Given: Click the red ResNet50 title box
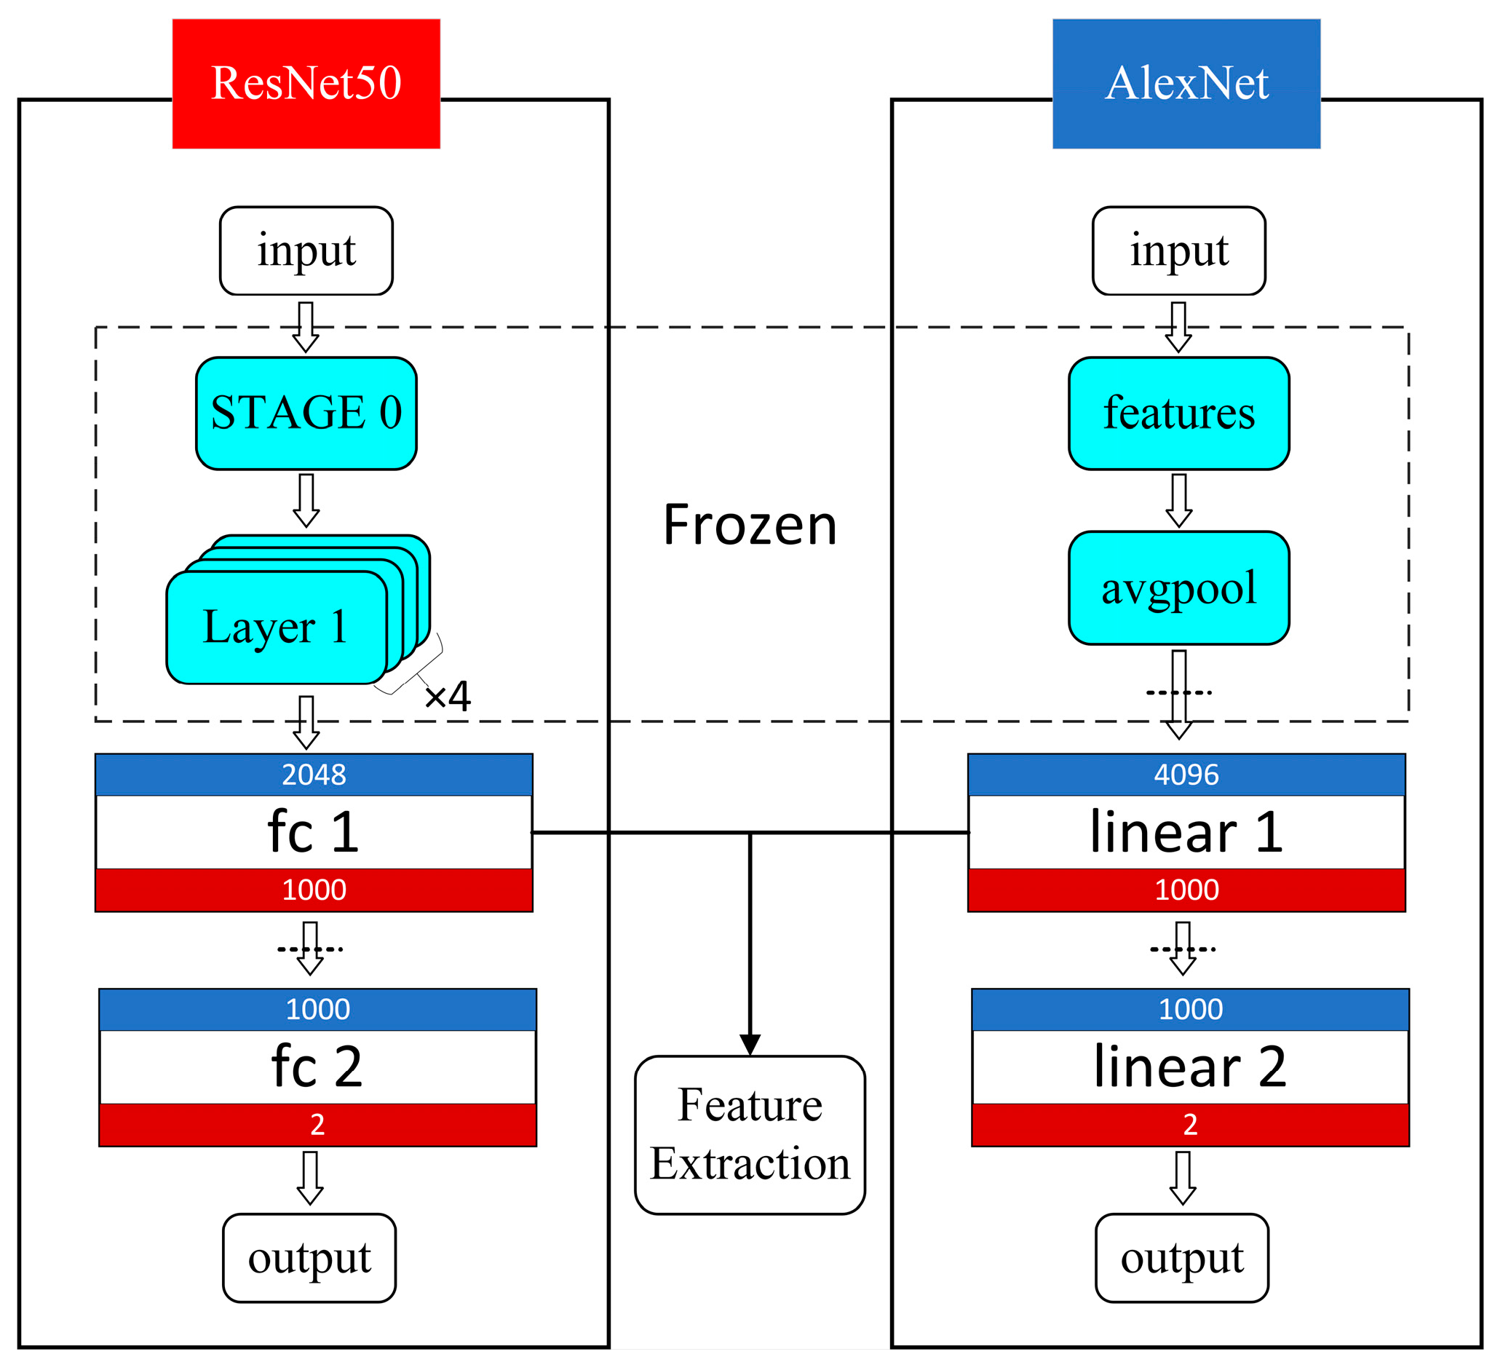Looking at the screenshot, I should coord(306,84).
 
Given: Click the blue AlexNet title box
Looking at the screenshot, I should coord(1186,84).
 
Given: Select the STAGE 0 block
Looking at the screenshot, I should coord(306,413).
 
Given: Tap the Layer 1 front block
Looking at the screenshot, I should coord(276,627).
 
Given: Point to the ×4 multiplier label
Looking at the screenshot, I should coord(448,697).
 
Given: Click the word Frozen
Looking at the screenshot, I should coord(749,526).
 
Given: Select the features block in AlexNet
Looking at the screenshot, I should coord(1178,413).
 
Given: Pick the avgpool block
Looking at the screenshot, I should coord(1178,587).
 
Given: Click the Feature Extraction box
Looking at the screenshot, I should coord(749,1135).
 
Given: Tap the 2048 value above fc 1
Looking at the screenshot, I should coord(313,775).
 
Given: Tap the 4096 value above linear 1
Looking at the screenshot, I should coord(1186,775).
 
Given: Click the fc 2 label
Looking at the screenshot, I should coord(317,1067).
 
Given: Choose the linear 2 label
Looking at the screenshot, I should coord(1189,1067).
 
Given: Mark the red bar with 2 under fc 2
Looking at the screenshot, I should coord(317,1124).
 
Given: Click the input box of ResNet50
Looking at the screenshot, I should coord(306,250).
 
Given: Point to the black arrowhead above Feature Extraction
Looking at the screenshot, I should coord(749,1044).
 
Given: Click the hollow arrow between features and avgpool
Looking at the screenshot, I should coord(1178,500).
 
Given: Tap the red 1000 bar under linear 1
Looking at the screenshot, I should coord(1186,890).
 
